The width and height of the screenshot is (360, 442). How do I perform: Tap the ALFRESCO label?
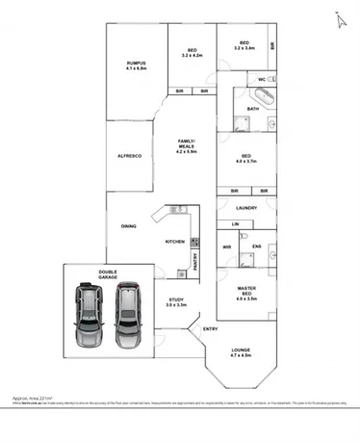130,155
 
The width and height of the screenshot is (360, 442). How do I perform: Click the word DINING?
128,226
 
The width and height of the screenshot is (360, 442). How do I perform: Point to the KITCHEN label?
174,241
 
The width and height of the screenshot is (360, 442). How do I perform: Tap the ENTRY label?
210,329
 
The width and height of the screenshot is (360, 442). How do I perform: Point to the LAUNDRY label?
244,207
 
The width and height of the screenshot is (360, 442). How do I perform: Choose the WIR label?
226,247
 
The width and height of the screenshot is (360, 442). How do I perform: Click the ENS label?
256,247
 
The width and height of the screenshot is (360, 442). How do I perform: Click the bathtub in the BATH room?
262,95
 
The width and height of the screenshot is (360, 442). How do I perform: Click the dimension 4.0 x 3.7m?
246,162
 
